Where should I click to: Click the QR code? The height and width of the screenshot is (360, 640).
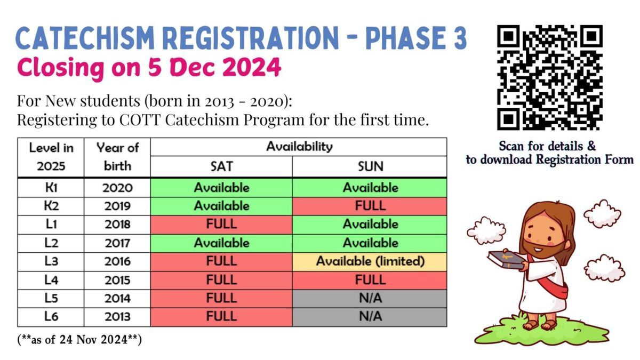coord(550,78)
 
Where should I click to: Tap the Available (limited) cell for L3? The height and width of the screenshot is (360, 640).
coord(370,261)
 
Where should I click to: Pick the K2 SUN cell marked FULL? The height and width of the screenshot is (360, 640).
coord(370,206)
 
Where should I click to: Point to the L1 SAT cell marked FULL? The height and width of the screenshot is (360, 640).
coord(221,224)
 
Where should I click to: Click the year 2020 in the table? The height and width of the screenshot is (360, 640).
coord(117,188)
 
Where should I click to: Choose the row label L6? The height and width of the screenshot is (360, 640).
coord(51,316)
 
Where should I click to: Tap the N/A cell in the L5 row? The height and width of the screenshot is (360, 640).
coord(370,298)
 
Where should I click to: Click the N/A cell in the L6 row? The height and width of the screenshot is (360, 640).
coord(370,316)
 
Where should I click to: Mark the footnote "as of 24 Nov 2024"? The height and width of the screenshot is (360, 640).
coord(79,340)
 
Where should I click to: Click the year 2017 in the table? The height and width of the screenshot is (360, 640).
coord(117,243)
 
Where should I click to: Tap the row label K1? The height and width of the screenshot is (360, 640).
coord(51,188)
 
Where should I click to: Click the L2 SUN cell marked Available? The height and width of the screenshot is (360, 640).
coord(370,243)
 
